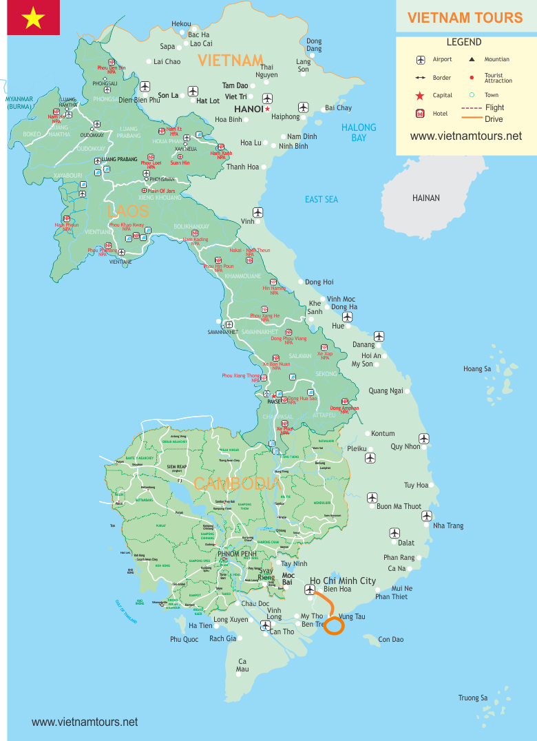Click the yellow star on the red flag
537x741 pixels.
click(33, 19)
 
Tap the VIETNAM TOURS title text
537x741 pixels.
click(465, 18)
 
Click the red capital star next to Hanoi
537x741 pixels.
click(267, 109)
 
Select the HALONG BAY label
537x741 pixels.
click(359, 132)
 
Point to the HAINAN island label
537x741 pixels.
click(425, 198)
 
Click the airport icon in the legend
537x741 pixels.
click(420, 60)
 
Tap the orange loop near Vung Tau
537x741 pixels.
click(333, 625)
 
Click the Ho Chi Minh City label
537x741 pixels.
click(343, 581)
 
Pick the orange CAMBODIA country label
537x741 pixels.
click(237, 483)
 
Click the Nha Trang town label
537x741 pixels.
click(448, 525)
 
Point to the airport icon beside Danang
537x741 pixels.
click(379, 336)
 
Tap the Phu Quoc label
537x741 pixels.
click(184, 640)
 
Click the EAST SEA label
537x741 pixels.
click(322, 199)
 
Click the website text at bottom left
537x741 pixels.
click(85, 722)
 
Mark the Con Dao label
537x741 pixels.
click(391, 640)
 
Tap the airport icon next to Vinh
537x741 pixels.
click(257, 212)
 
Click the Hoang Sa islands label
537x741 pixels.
click(477, 369)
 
